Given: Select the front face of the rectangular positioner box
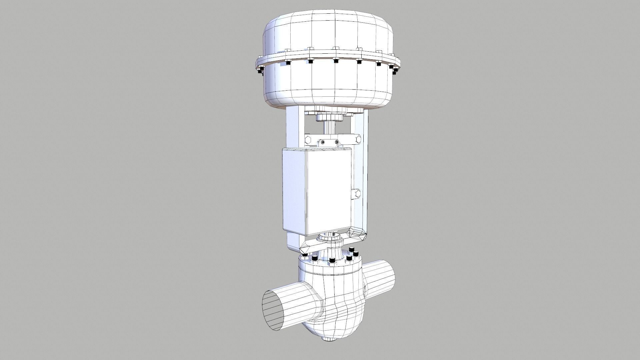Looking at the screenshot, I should click(329, 193).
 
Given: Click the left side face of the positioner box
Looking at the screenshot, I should click(293, 192).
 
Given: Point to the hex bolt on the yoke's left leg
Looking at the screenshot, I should click(308, 139).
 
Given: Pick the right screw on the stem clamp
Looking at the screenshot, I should click(337, 142).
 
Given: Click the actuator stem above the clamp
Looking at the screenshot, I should click(330, 128).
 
